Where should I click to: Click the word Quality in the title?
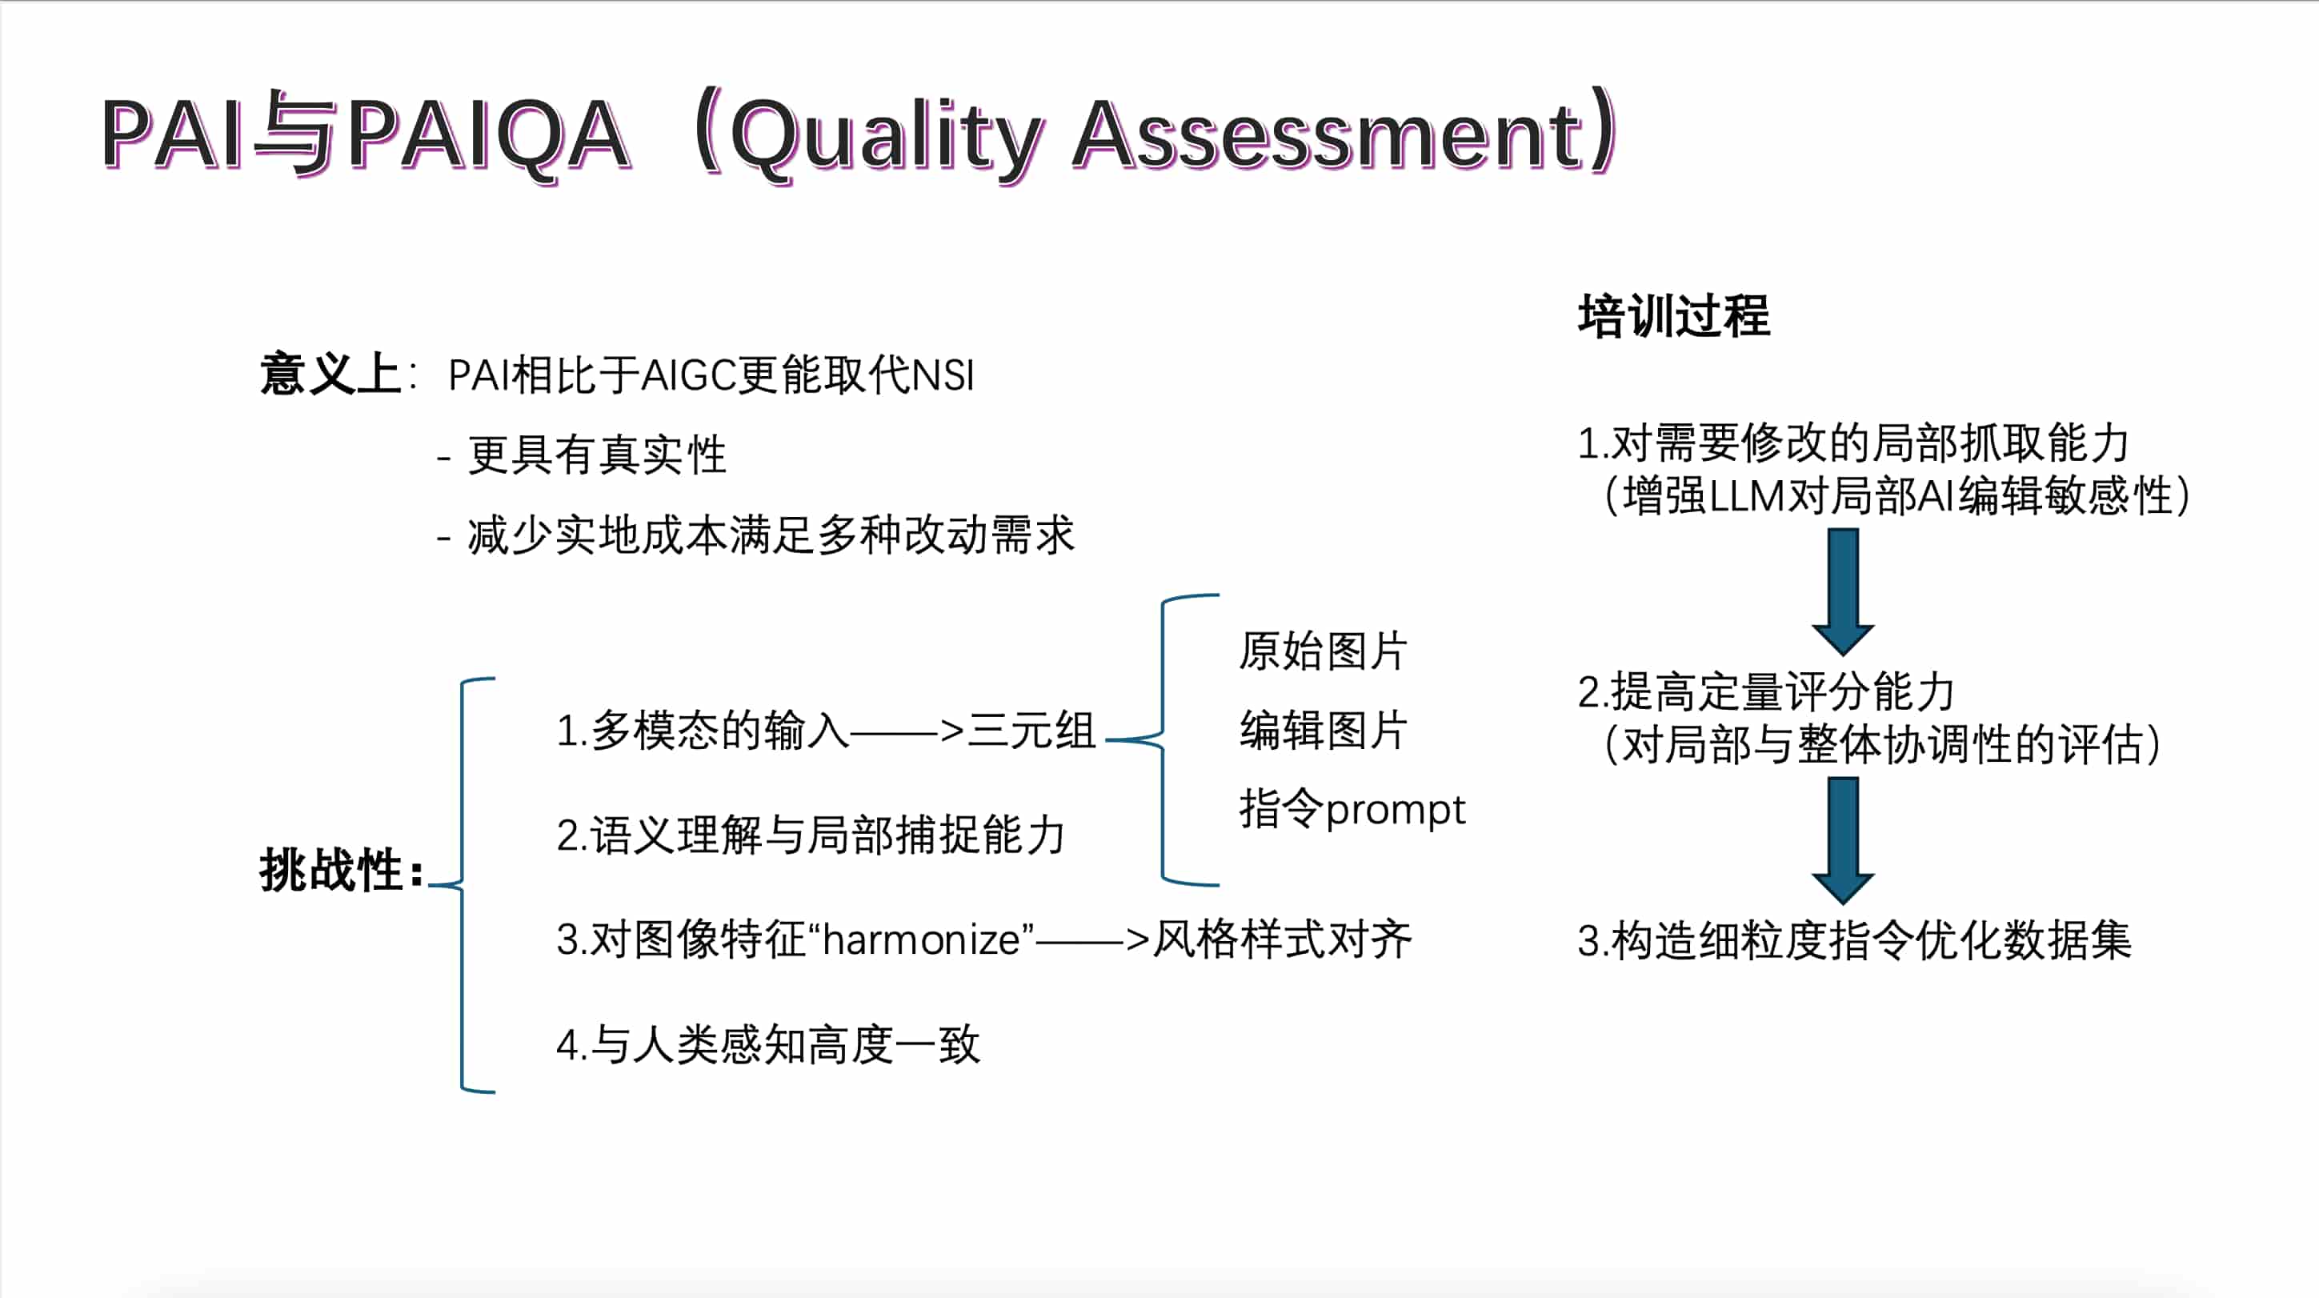(887, 137)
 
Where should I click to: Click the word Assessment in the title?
(1328, 135)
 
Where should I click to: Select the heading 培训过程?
(1673, 316)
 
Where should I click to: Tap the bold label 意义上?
(330, 375)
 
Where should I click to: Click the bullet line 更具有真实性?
(596, 455)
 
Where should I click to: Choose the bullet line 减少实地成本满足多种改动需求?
(771, 535)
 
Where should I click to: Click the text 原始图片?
(1324, 651)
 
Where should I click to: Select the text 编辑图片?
(1324, 730)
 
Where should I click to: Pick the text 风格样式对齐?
(1283, 939)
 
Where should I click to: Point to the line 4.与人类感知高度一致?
(768, 1045)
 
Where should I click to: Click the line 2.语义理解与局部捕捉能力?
(810, 835)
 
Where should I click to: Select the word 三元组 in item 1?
(1031, 730)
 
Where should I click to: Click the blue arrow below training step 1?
(1843, 591)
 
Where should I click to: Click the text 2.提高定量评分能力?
(1765, 692)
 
